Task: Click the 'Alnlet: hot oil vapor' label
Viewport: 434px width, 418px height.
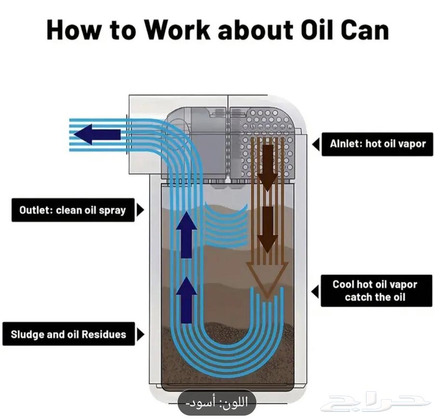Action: tap(378, 144)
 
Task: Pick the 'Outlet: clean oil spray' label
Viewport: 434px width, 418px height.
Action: tap(72, 210)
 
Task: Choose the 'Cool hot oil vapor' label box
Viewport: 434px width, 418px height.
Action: tap(375, 290)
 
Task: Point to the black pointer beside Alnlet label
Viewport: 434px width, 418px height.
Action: tap(316, 144)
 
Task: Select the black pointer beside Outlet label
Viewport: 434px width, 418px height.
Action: tap(140, 210)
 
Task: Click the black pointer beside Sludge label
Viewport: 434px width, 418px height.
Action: tap(140, 335)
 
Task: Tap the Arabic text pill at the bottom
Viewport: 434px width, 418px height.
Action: tap(217, 402)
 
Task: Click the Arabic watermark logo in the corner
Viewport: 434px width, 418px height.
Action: tap(376, 401)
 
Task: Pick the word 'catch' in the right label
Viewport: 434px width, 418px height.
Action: tap(359, 297)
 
